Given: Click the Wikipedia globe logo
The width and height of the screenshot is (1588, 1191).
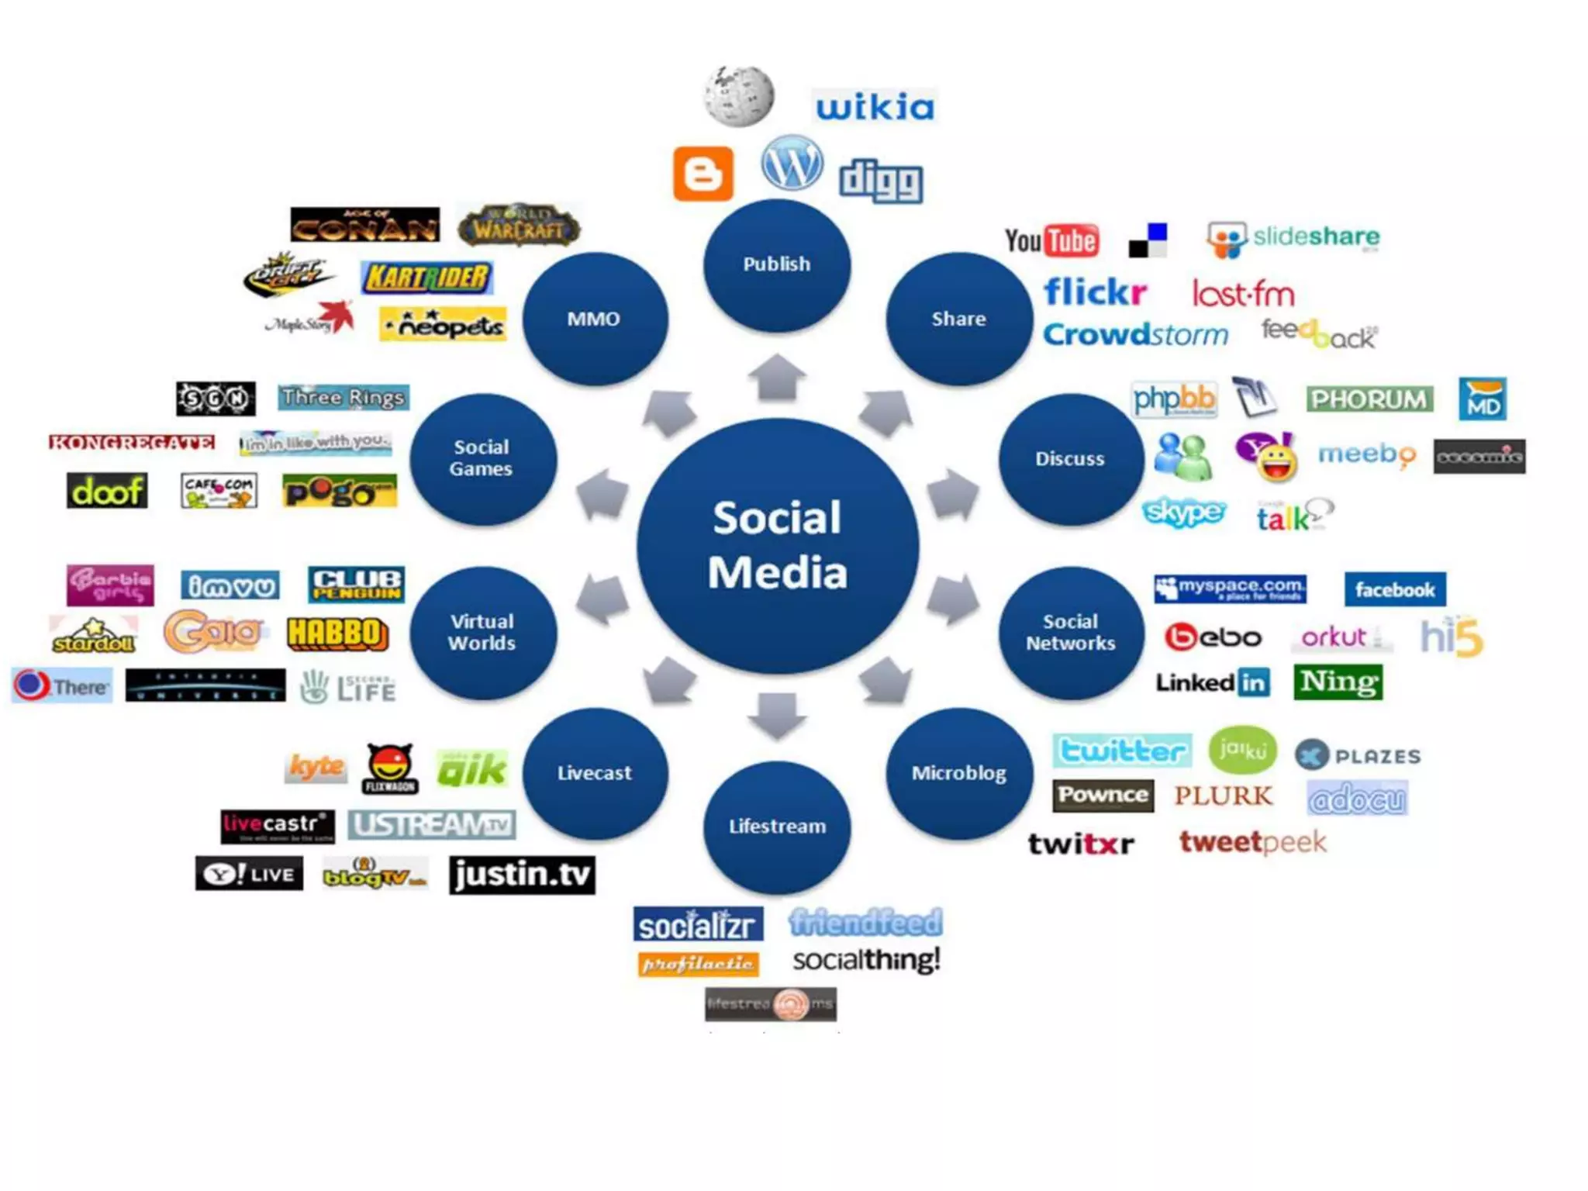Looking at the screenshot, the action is (x=739, y=96).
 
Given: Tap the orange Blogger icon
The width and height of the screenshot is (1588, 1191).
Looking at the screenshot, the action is (x=703, y=174).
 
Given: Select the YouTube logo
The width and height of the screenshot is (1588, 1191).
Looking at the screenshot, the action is (x=1051, y=240).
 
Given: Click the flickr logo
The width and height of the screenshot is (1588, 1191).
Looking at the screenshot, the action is (x=1095, y=292).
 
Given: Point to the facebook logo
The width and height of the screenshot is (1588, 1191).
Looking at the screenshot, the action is (x=1394, y=590).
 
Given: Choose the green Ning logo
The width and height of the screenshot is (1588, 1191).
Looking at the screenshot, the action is (x=1338, y=682).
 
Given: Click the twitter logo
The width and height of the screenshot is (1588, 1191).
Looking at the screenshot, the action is (x=1121, y=751).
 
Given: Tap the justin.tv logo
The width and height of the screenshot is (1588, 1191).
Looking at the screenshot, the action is (x=522, y=875).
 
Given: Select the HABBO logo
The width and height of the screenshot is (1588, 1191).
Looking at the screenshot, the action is (x=337, y=633).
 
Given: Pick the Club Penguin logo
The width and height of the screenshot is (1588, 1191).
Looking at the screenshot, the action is (x=356, y=585).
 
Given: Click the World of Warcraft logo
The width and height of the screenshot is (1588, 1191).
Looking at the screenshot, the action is (x=519, y=225).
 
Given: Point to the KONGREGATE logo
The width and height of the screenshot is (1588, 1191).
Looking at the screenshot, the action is (x=131, y=442).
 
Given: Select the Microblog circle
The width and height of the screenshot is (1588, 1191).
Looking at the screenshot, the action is (x=959, y=773).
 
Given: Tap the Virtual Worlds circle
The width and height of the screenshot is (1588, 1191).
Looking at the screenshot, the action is (x=482, y=633).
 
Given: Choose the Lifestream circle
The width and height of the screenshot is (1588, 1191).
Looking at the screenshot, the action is (x=777, y=827).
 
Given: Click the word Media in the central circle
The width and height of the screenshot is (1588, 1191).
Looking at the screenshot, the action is (x=777, y=573).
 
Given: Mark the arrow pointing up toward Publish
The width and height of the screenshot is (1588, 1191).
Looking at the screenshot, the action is (x=777, y=378).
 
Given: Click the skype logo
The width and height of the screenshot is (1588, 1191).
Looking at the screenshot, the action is (x=1183, y=513).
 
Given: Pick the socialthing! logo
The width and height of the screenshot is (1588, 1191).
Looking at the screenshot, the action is (x=866, y=960).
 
